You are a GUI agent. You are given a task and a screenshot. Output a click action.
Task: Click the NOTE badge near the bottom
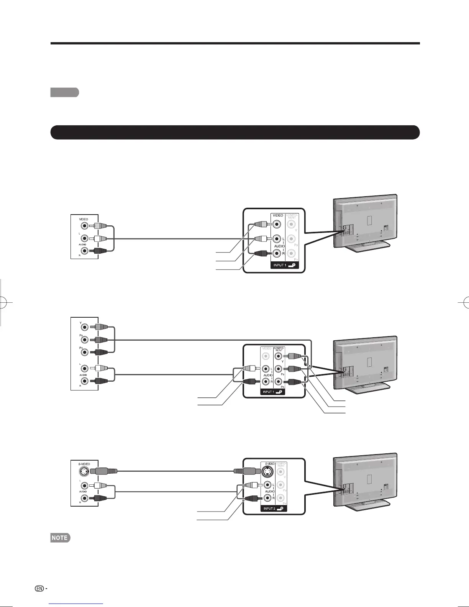[x=59, y=538]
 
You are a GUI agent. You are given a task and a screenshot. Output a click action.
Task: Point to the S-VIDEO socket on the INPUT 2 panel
[x=268, y=471]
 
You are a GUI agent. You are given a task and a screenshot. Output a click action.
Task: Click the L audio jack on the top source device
[x=84, y=238]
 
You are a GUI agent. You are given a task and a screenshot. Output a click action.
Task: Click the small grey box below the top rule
[x=64, y=92]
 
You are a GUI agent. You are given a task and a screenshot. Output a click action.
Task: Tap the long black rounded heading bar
[x=235, y=132]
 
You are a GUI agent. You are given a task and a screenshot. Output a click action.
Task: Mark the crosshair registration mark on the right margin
[x=465, y=302]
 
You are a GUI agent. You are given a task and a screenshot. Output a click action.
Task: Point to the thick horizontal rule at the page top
[x=235, y=43]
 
